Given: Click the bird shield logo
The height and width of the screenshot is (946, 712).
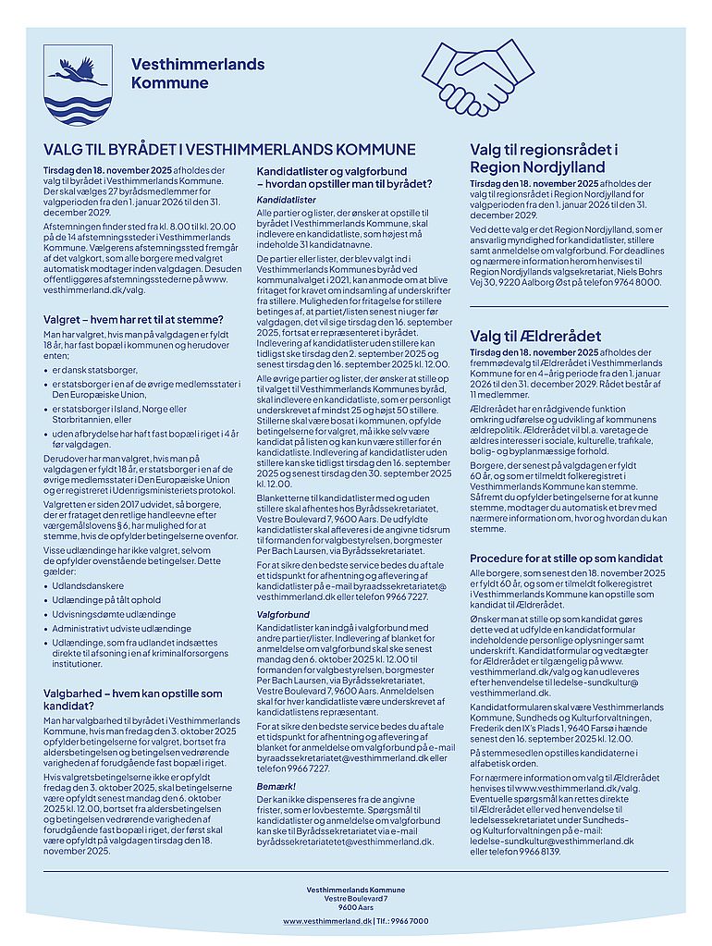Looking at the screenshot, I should pos(78,83).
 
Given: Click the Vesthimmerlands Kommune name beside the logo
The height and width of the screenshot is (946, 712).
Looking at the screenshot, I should pos(197,73).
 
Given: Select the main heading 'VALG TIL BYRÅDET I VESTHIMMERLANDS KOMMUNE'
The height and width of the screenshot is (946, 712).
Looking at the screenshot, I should pos(229,150).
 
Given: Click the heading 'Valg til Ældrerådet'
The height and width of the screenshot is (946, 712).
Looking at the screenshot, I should pos(535,336).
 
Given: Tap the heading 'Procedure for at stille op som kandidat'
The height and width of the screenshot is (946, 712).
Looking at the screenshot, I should pos(566,559).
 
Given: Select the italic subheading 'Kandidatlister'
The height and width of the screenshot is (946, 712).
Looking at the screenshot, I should pos(286,199).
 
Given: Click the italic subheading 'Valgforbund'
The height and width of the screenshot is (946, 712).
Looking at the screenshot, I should pos(283,614).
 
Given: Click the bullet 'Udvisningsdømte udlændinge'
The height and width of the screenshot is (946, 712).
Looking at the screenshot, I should pos(114,614).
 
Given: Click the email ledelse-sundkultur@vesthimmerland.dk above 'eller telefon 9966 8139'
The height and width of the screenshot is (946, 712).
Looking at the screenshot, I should pos(551,841).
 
